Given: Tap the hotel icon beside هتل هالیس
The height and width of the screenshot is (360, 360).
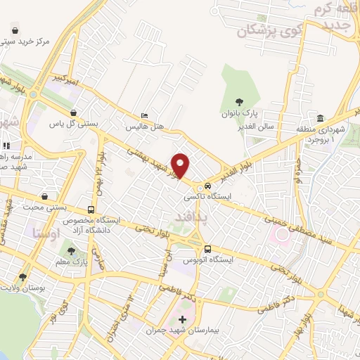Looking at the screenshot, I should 144,116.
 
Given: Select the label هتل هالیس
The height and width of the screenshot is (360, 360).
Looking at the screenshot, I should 144,128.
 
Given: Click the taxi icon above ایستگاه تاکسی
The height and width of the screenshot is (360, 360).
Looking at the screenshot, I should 207,186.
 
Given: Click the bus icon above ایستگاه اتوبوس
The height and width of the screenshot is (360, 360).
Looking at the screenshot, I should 207,249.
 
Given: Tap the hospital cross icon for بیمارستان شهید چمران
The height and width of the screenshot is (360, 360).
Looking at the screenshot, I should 183,319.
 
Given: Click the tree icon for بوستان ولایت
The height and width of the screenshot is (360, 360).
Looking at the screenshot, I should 23,277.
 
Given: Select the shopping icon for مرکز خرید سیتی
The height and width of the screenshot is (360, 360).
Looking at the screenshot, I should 15,31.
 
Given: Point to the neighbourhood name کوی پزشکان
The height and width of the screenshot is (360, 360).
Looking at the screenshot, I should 261,30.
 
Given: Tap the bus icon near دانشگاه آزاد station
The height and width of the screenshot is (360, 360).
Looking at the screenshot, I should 91,210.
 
